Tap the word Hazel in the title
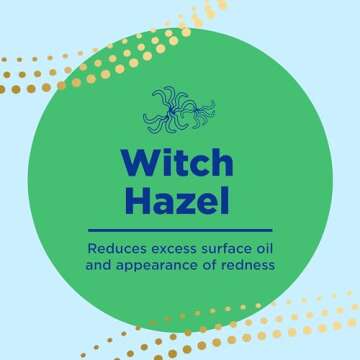(179, 201)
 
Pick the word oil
(264, 246)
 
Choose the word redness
(248, 264)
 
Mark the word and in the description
(100, 264)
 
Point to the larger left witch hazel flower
(166, 107)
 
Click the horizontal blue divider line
(180, 229)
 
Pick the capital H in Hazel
(139, 201)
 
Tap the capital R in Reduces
(92, 246)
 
